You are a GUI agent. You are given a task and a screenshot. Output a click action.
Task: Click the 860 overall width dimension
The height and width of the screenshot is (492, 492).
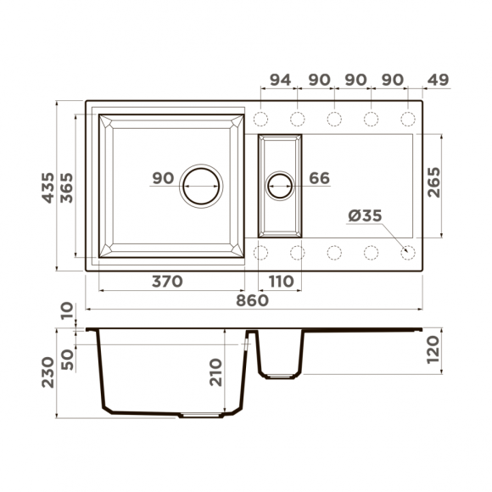point(252,300)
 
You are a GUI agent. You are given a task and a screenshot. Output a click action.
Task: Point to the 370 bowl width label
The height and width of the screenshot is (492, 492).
point(167,282)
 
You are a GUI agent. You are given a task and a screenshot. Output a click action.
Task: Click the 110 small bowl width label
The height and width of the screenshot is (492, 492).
point(281,282)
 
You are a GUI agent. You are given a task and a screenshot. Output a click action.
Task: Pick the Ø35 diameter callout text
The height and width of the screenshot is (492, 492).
point(365,216)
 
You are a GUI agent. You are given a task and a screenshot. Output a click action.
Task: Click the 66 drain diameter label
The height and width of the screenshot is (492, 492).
point(319,179)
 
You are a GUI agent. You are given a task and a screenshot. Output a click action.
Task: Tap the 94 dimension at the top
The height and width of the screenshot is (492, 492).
point(280,80)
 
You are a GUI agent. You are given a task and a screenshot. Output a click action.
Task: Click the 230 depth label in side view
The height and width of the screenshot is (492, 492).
point(48,372)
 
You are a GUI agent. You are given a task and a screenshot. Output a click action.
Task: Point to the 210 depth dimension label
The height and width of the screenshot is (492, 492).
point(215,372)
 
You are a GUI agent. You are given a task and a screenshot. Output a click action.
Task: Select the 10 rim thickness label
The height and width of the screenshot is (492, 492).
point(68,313)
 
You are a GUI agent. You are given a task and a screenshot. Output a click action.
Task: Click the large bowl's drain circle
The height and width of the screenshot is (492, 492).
point(202,184)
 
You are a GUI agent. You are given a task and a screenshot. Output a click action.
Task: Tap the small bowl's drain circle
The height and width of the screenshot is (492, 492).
point(280,184)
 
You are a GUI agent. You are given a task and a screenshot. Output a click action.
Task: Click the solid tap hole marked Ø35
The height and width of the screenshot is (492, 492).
point(407,252)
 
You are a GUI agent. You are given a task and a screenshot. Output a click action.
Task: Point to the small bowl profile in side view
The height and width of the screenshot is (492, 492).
point(281,355)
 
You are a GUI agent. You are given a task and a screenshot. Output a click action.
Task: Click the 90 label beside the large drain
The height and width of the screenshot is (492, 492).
point(163,179)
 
